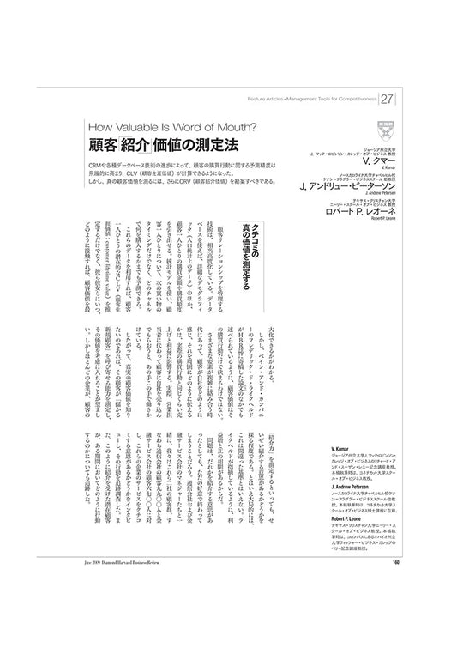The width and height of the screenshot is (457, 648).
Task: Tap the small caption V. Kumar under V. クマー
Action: pyautogui.click(x=395, y=169)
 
